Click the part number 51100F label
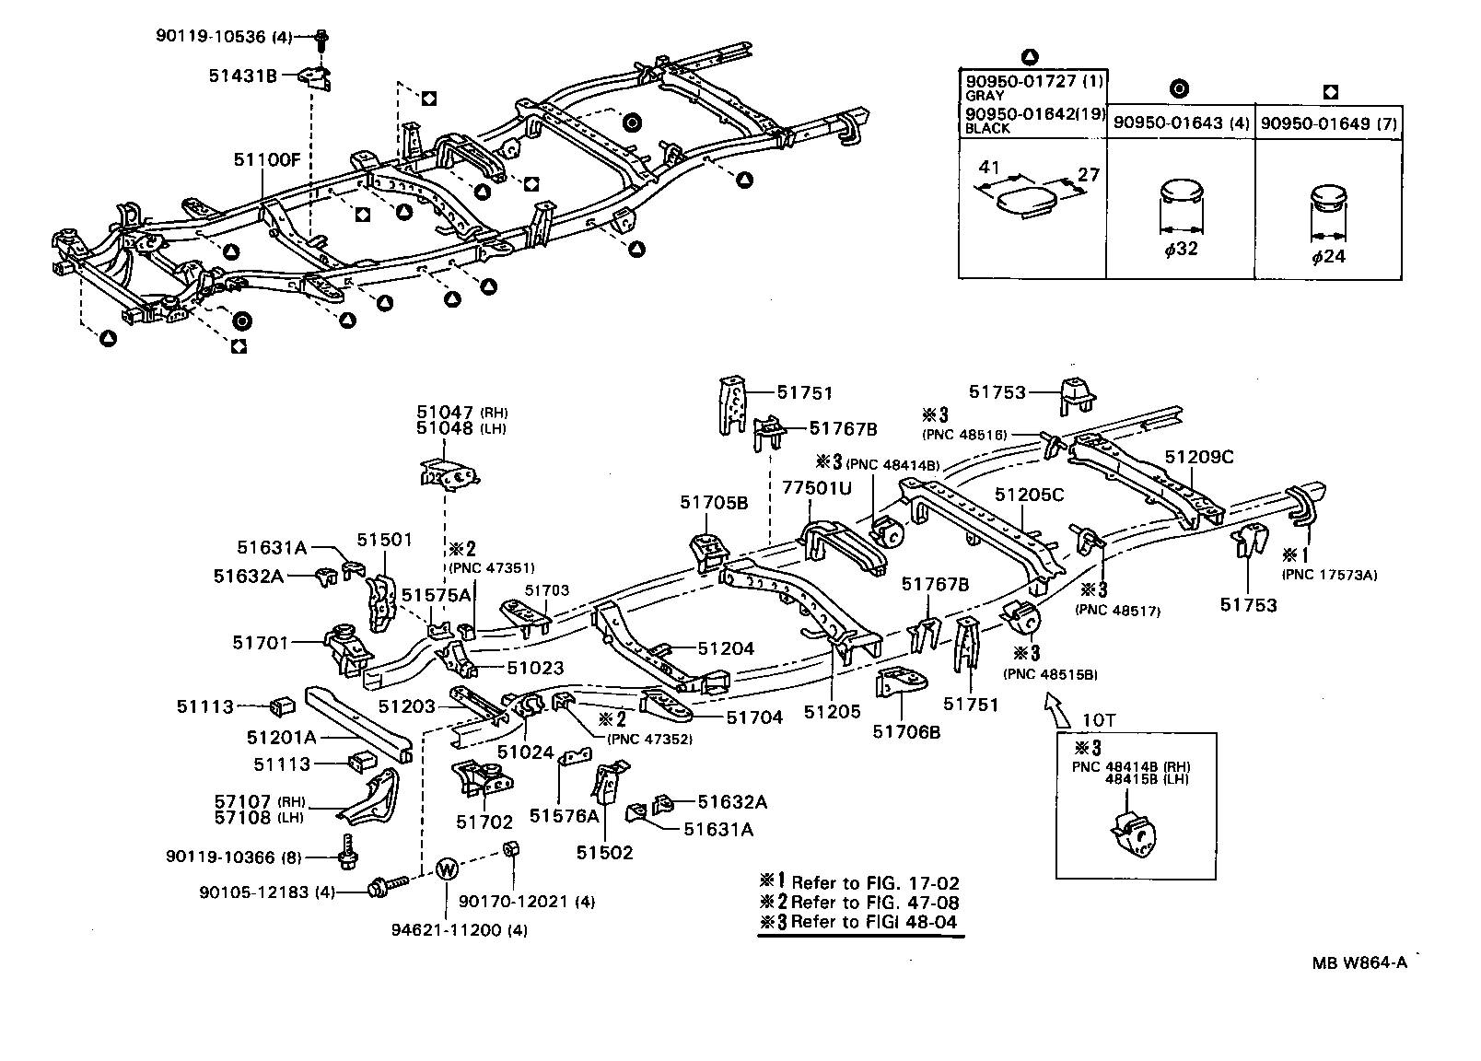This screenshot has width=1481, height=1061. tap(266, 159)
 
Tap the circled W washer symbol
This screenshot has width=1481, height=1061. tap(446, 868)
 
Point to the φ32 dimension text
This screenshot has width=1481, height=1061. tap(1181, 249)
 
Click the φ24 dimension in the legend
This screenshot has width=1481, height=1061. tap(1328, 256)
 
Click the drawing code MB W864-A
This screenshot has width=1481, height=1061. tap(1359, 963)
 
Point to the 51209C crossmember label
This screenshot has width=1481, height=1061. tap(1198, 457)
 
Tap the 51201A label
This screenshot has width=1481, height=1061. tap(281, 737)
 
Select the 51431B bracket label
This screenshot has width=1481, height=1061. tap(243, 76)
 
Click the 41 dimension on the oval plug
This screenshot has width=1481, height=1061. tap(989, 168)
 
